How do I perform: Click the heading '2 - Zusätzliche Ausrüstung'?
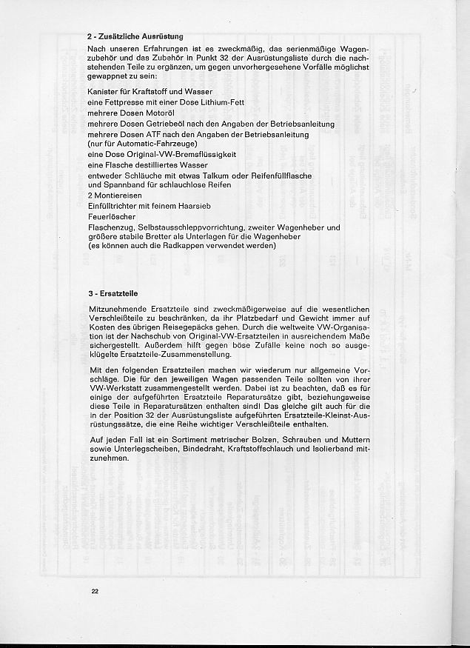click(x=135, y=36)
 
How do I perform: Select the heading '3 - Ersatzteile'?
click(x=113, y=293)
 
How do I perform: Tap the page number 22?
click(x=94, y=591)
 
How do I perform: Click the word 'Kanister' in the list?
click(x=102, y=91)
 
